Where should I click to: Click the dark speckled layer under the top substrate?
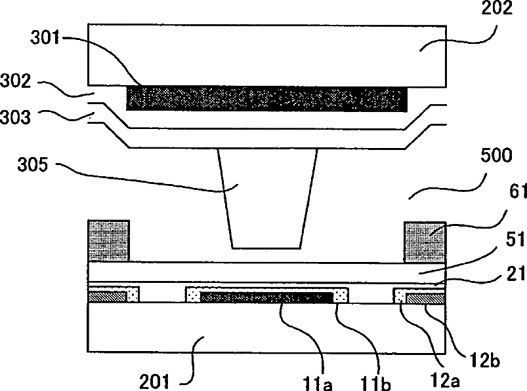pyautogui.click(x=266, y=99)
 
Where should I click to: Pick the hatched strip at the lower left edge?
pyautogui.click(x=108, y=297)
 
